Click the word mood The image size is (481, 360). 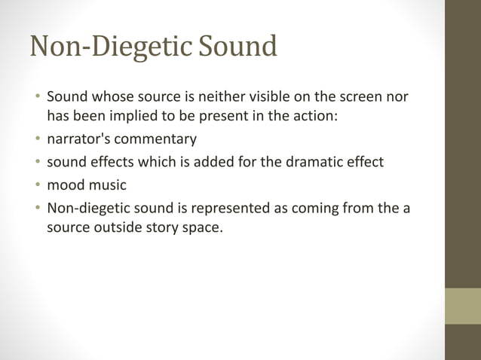coord(65,185)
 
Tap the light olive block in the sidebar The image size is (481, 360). coord(463,306)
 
